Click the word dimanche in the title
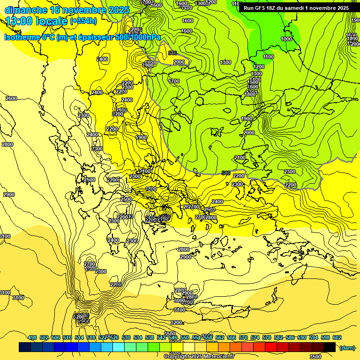[x=26, y=10]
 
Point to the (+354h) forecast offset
[x=83, y=21]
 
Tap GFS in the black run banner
[x=259, y=8]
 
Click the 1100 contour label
[x=268, y=57]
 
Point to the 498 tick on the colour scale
[x=32, y=337]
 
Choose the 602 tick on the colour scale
[x=337, y=337]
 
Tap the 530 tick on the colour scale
[x=126, y=337]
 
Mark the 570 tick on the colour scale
[x=243, y=337]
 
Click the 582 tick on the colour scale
[x=278, y=337]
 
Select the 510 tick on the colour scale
[x=67, y=337]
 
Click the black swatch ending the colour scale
[x=330, y=347]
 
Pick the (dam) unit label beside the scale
[x=347, y=347]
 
